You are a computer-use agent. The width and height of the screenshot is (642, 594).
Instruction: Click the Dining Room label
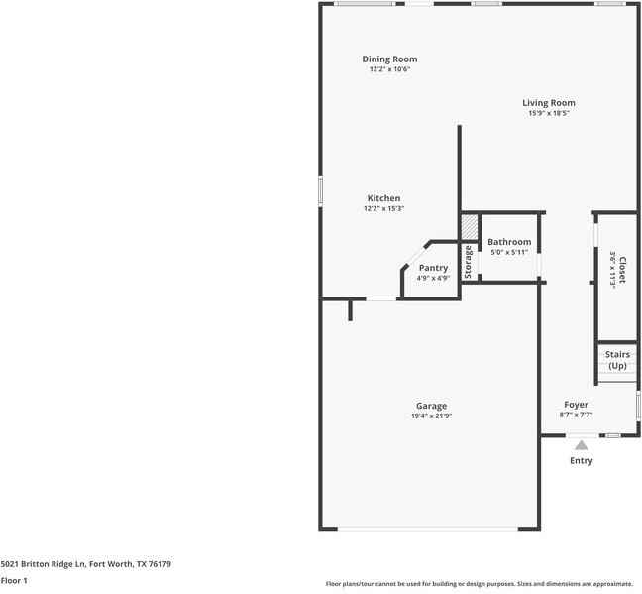point(389,59)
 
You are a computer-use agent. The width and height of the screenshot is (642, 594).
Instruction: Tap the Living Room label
point(549,103)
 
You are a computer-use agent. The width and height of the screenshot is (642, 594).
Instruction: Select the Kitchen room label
point(383,198)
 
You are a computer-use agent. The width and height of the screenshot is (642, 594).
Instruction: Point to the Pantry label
point(433,268)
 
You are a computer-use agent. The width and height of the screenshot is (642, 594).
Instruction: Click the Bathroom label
point(509,242)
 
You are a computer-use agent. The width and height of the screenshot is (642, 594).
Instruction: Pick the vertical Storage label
point(469,261)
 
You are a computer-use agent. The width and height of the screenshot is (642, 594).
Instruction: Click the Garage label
point(431,406)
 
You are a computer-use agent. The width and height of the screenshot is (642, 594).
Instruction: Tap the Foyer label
point(576,405)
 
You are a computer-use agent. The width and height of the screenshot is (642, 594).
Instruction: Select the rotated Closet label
point(621,267)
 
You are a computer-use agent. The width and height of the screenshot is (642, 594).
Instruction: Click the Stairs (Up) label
point(617,360)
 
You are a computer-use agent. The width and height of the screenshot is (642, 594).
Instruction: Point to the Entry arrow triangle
point(581,446)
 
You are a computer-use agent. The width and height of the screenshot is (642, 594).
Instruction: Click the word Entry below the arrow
point(581,461)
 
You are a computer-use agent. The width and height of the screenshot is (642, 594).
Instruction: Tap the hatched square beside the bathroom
point(468,227)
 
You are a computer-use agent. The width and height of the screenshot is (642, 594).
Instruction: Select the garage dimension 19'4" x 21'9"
point(431,416)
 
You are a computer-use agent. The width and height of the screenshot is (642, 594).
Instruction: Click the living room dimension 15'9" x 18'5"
point(549,114)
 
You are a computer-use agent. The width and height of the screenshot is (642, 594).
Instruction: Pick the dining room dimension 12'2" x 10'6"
point(389,70)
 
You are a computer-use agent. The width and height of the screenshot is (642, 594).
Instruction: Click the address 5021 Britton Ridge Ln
point(86,564)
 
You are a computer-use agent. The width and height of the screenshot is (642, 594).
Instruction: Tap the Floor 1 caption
point(14,580)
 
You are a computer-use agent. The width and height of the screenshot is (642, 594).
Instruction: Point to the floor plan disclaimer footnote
point(480,583)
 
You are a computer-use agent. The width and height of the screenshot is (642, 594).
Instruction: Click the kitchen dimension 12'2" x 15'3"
point(383,209)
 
